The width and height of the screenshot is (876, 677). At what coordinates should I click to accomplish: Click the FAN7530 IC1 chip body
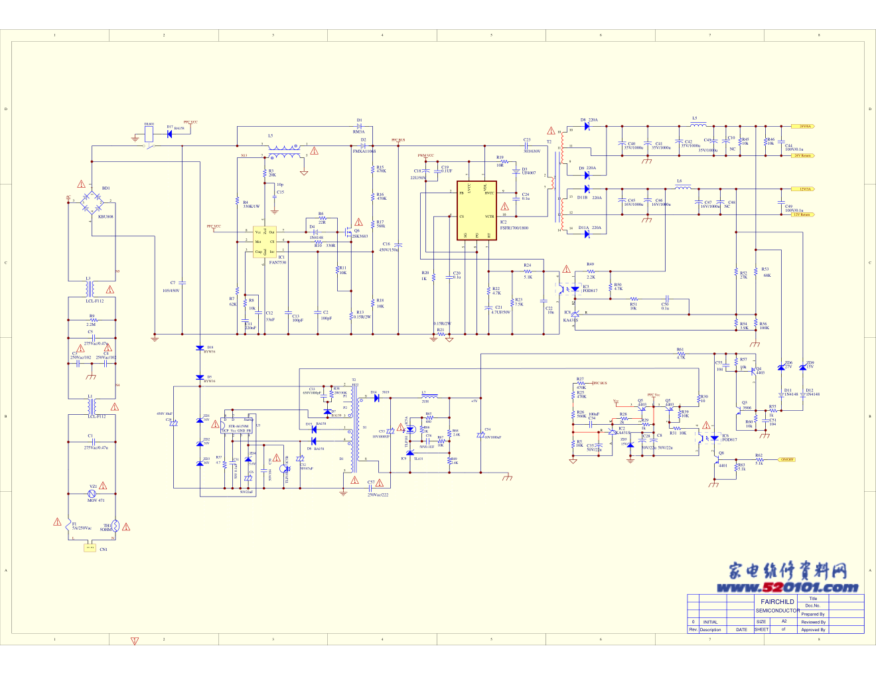tap(265, 242)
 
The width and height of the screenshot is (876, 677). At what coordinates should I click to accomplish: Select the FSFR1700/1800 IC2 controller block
tap(476, 210)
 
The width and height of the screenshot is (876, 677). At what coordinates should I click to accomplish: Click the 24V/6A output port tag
tap(803, 126)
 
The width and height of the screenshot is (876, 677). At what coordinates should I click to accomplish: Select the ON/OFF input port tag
tap(786, 459)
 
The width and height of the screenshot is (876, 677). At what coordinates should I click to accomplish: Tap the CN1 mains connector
tap(90, 548)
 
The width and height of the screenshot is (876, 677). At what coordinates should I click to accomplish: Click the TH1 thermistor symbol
tap(115, 526)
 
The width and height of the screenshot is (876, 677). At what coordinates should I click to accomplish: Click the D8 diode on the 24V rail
tap(587, 126)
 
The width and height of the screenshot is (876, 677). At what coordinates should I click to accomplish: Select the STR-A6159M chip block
tap(238, 426)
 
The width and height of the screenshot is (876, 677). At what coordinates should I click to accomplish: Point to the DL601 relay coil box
tap(149, 133)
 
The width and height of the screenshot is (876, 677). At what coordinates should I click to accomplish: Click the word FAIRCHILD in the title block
tap(777, 601)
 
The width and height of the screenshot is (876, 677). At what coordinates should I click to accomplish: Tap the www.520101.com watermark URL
tap(787, 587)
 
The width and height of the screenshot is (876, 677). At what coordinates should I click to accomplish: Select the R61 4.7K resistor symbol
tap(681, 354)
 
